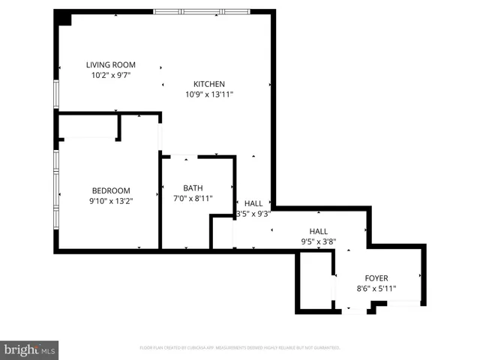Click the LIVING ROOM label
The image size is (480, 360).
click(111, 64)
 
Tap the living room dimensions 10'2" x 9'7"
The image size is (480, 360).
click(111, 75)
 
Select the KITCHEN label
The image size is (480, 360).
click(209, 84)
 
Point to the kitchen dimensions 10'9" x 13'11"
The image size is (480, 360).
click(209, 94)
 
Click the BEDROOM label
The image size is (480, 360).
click(111, 190)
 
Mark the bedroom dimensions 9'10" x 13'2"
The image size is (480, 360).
click(111, 201)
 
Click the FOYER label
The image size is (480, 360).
click(376, 278)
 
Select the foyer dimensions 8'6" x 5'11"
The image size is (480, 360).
click(376, 289)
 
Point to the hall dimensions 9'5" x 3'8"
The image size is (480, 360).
click(319, 242)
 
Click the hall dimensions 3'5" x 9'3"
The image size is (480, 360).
click(253, 214)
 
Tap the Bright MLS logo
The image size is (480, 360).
click(29, 349)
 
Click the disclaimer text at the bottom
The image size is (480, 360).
click(240, 348)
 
